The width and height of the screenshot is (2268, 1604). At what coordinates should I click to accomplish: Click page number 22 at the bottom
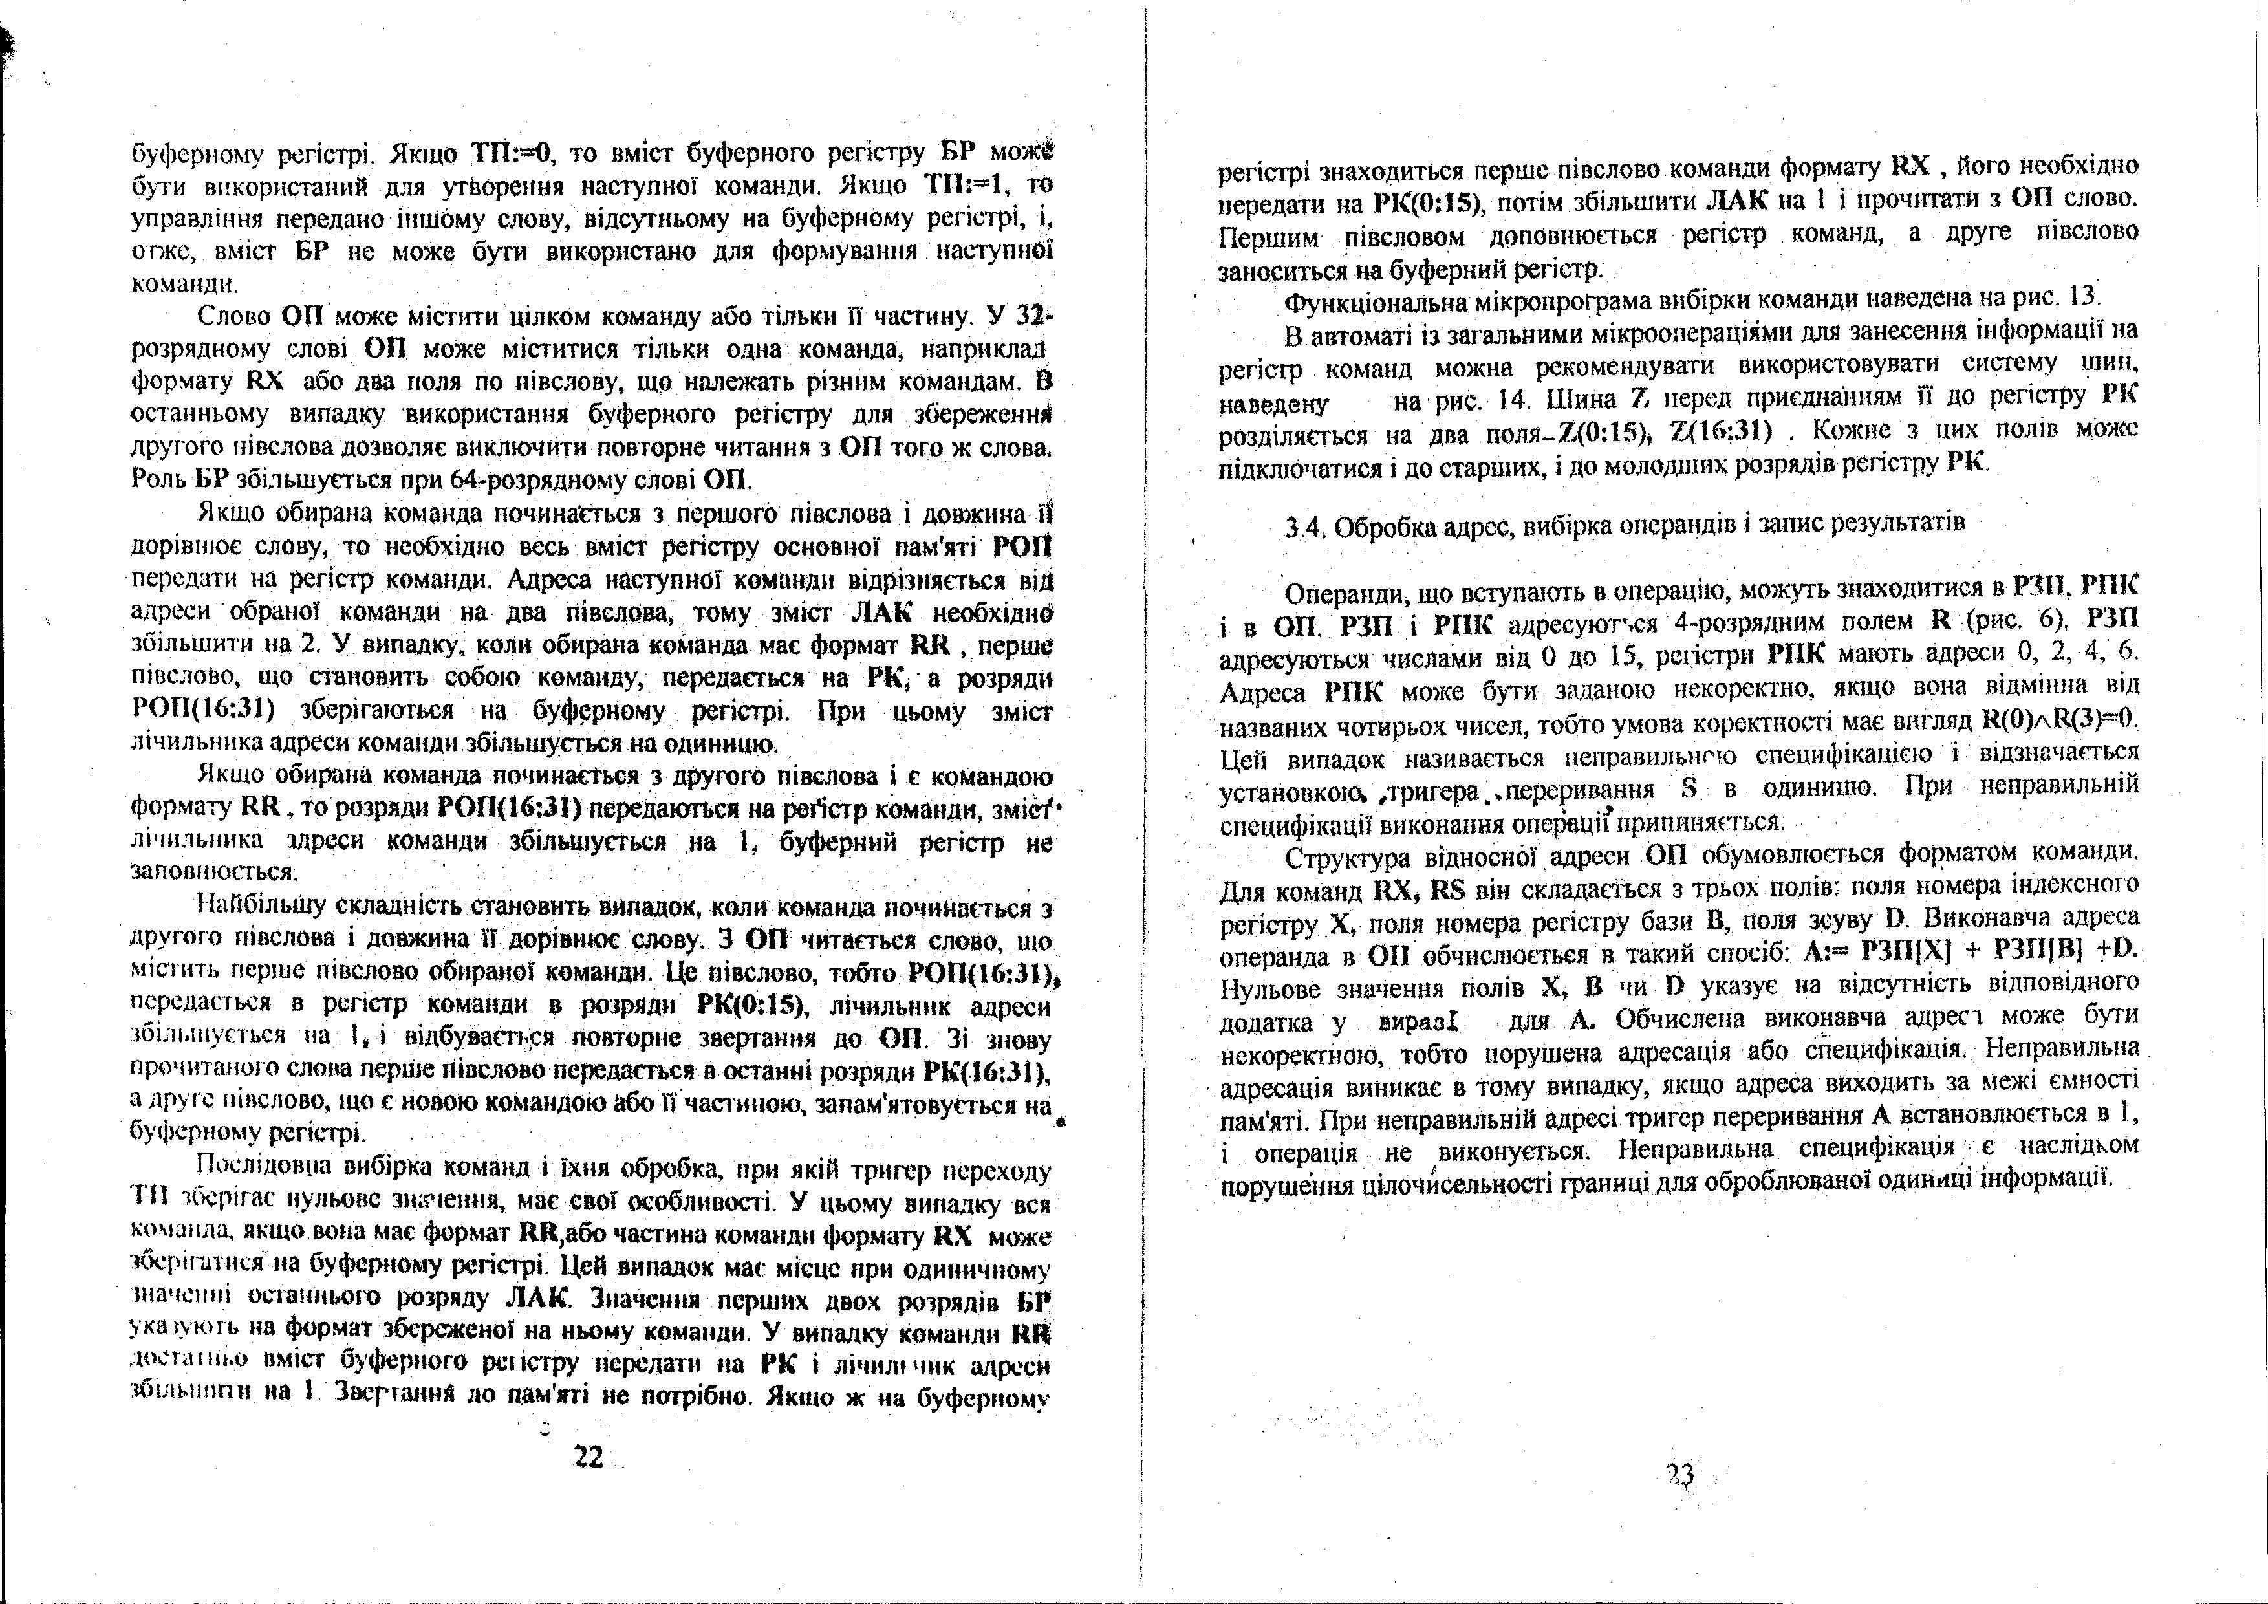click(588, 1457)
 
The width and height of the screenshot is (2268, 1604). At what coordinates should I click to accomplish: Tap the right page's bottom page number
click(1680, 1475)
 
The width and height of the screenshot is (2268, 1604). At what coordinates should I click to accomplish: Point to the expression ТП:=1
click(964, 186)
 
